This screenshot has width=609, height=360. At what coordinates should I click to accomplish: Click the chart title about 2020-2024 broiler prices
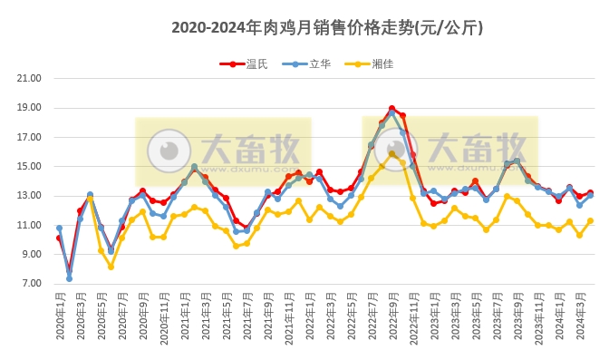click(327, 28)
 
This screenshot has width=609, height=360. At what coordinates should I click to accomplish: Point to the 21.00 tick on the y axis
click(30, 78)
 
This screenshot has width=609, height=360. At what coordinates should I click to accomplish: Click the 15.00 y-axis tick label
click(30, 166)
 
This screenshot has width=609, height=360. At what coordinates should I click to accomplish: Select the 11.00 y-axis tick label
click(30, 225)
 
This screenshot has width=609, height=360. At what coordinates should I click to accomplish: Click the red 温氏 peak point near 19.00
click(391, 109)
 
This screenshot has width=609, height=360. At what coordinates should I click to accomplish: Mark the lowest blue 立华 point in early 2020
click(69, 278)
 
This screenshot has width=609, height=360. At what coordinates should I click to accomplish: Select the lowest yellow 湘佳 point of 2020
click(111, 267)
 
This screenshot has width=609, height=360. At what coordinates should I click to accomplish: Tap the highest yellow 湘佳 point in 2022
click(391, 153)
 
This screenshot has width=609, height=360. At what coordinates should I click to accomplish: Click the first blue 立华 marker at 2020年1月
click(59, 229)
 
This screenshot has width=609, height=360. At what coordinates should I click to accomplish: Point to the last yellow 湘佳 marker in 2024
click(590, 220)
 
